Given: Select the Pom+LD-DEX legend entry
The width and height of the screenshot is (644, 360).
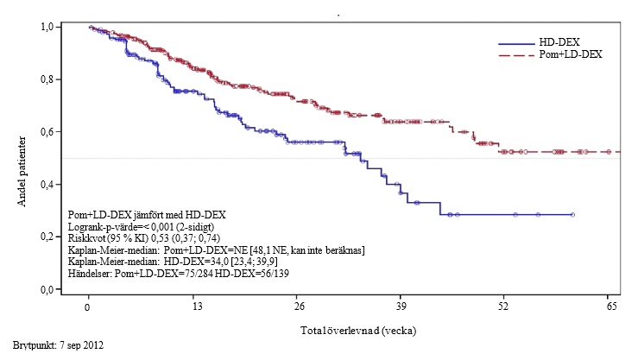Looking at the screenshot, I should coord(570,54).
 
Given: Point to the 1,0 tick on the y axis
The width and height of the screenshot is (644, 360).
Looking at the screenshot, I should coord(48,27).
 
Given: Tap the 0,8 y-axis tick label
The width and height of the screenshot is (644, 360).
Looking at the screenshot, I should coord(48,79).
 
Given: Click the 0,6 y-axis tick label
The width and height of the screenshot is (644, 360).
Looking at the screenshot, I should coord(48,131).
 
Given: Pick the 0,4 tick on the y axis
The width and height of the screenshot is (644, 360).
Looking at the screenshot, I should coord(48,184).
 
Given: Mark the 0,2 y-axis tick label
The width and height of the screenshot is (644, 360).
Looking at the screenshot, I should coord(48,237).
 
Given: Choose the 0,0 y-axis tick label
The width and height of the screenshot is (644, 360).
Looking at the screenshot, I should coord(48,289).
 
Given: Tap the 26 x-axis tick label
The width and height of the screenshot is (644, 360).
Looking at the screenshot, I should coord(300,307).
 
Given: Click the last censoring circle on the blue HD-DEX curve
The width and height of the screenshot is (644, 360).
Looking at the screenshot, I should coord(573,214).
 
